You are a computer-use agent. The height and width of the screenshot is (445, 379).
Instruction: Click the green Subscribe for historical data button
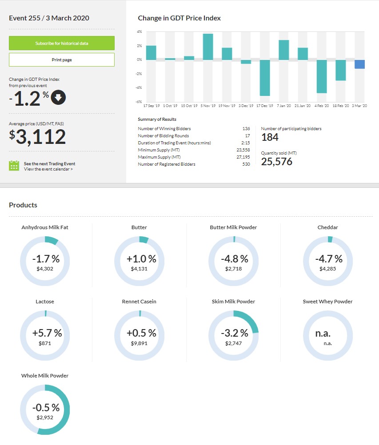[62, 43]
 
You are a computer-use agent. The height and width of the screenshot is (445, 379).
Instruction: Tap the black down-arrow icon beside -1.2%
[58, 97]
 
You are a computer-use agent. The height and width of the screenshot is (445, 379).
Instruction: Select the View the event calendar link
[48, 169]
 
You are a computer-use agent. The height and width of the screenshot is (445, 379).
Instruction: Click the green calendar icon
[14, 166]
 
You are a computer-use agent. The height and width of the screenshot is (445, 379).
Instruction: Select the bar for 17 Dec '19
[265, 78]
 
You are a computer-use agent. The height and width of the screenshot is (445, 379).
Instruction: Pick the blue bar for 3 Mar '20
[359, 64]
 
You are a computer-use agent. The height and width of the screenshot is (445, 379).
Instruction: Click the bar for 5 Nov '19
[208, 47]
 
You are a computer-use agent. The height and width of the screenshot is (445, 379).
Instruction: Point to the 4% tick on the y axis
[140, 32]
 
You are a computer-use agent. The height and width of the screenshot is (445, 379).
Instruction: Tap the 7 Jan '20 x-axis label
[283, 106]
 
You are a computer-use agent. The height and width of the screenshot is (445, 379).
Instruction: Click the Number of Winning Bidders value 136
[246, 129]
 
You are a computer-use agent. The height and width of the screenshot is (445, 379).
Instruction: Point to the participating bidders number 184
[270, 137]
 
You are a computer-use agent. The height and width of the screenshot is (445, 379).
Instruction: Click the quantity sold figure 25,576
[276, 162]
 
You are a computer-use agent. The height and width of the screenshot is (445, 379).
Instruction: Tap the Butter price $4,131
[139, 269]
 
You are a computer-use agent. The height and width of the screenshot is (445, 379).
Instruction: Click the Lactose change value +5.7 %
[47, 333]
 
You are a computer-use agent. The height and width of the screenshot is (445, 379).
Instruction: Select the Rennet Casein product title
[139, 302]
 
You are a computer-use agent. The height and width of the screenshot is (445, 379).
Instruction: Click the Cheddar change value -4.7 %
[328, 259]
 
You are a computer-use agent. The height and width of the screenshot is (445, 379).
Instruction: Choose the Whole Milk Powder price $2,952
[45, 417]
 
